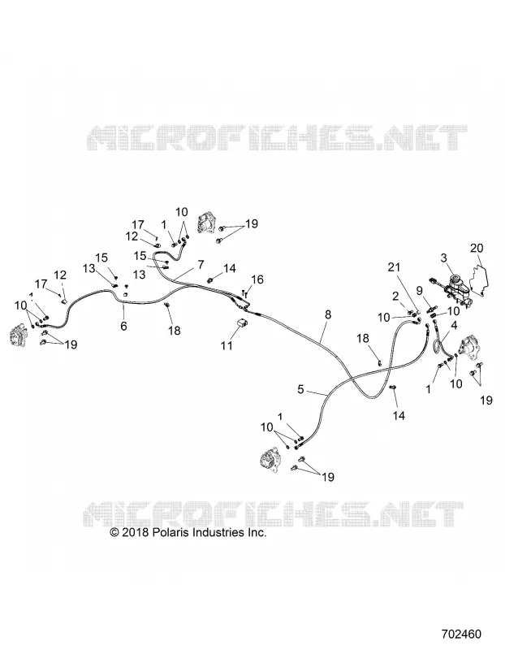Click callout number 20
click(x=477, y=248)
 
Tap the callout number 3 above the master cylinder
click(x=443, y=258)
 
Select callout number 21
click(x=394, y=267)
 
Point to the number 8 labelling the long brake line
click(x=328, y=314)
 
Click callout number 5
click(x=300, y=389)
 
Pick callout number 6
click(x=123, y=326)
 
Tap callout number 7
click(x=201, y=265)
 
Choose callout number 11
click(x=227, y=344)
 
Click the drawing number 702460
click(x=461, y=635)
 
